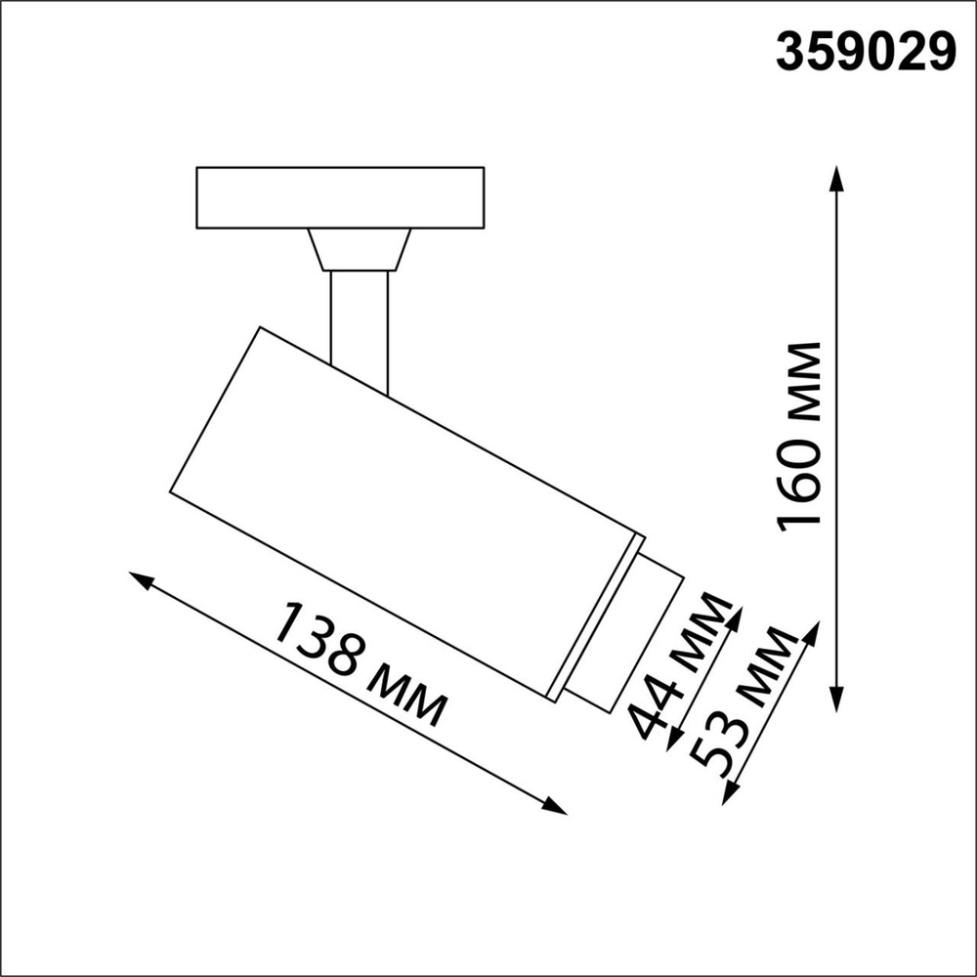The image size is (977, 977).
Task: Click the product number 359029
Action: pyautogui.click(x=866, y=53)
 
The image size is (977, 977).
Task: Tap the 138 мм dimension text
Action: pyautogui.click(x=361, y=663)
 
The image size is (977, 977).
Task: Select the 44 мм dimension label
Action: pyautogui.click(x=680, y=665)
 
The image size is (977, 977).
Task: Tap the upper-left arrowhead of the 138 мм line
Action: pyautogui.click(x=140, y=580)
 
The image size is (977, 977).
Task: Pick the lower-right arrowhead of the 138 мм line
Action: pyautogui.click(x=555, y=806)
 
